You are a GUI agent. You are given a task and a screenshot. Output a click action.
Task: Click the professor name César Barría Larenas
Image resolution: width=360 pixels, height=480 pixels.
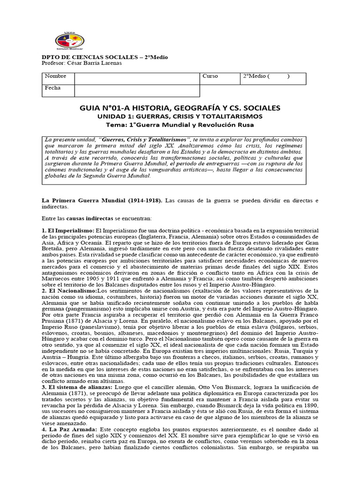pos(98,63)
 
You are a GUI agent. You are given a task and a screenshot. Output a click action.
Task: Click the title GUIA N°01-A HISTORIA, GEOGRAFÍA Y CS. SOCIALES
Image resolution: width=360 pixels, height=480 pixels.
pos(180,108)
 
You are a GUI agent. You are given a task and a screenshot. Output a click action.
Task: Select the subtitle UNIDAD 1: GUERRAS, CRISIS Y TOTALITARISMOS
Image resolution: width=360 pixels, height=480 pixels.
pos(180,117)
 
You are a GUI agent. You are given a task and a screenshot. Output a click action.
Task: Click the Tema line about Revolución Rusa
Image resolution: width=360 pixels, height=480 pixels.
pos(180,125)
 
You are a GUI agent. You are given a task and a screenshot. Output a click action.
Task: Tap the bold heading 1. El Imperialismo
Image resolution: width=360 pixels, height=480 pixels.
pos(68,231)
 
